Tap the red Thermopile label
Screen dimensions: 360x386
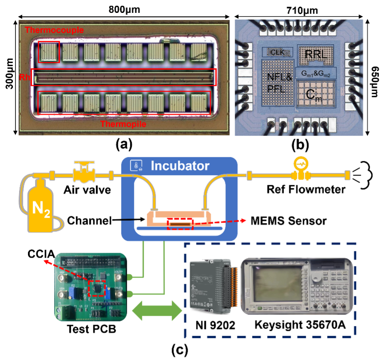click(123, 124)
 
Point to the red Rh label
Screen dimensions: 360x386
click(24, 77)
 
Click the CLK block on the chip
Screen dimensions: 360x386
click(277, 52)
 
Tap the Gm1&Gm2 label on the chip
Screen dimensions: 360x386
click(316, 73)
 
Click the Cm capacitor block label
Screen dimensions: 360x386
click(315, 94)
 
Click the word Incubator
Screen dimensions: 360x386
click(180, 166)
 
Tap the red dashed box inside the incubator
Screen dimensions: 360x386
click(180, 224)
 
